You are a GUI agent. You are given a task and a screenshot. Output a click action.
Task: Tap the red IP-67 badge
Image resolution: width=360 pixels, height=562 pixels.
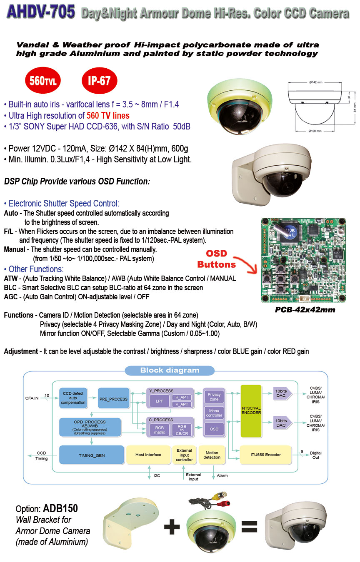pyautogui.click(x=99, y=81)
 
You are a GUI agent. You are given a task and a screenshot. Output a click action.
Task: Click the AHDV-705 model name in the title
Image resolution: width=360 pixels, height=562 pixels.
pyautogui.click(x=40, y=13)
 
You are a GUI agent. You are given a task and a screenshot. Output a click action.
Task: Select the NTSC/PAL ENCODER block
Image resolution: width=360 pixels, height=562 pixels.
pyautogui.click(x=251, y=410)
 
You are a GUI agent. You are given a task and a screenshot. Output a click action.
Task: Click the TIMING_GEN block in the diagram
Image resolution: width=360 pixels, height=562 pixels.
pyautogui.click(x=92, y=455)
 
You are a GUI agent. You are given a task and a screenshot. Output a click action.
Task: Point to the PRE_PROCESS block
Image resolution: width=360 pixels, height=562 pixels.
pyautogui.click(x=113, y=399)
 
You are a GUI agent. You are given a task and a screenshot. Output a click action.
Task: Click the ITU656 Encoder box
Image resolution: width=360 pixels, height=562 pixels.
pyautogui.click(x=266, y=455)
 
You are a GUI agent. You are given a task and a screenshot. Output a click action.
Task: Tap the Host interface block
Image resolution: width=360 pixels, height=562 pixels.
pyautogui.click(x=148, y=455)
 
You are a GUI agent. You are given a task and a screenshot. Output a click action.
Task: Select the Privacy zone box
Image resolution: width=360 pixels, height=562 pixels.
pyautogui.click(x=214, y=396)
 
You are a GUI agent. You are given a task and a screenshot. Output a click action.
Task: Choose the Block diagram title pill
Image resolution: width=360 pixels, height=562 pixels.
pyautogui.click(x=170, y=370)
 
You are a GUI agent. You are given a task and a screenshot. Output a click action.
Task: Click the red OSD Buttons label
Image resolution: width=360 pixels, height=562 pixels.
pyautogui.click(x=216, y=259)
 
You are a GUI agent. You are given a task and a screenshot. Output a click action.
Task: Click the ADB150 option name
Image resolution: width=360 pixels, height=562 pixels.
pyautogui.click(x=60, y=509)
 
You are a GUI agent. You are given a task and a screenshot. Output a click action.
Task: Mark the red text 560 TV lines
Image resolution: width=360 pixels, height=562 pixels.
pyautogui.click(x=108, y=116)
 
